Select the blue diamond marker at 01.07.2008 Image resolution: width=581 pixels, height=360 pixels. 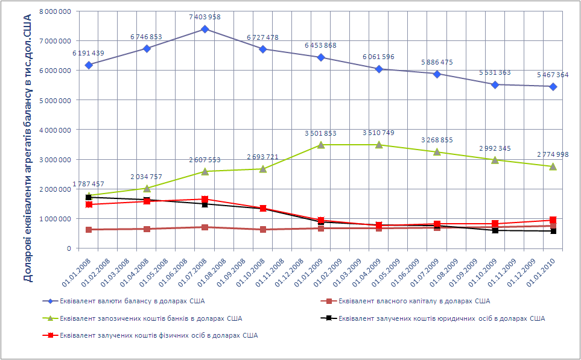(x=205, y=29)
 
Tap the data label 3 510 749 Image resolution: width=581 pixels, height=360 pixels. (x=379, y=133)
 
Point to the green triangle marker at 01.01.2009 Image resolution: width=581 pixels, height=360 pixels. (x=321, y=145)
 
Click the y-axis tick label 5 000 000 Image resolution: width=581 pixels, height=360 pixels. (x=54, y=100)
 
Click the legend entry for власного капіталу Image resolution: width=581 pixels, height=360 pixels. (x=414, y=300)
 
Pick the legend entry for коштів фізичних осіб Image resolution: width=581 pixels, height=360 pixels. (x=159, y=335)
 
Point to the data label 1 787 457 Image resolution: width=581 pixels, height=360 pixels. (x=89, y=184)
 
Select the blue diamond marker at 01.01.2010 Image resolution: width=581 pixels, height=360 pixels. (x=553, y=86)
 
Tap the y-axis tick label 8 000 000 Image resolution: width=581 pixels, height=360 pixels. (x=54, y=11)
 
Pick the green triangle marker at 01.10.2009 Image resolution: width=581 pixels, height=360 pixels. (x=495, y=160)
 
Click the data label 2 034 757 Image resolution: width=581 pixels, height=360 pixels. (x=147, y=177)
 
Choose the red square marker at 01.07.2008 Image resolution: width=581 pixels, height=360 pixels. (x=205, y=199)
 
